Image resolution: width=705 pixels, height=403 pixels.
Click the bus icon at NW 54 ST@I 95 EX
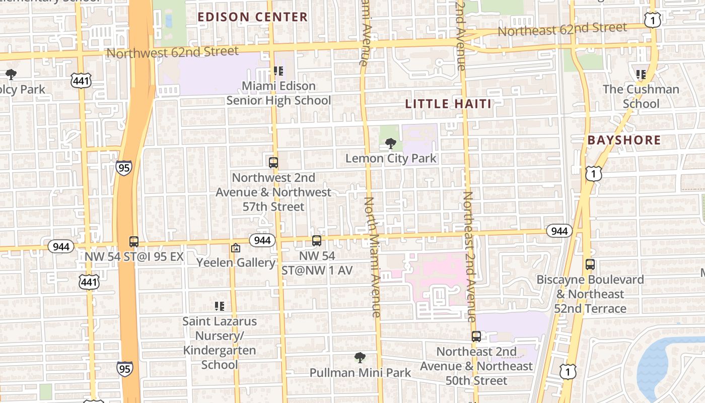tap(133, 241)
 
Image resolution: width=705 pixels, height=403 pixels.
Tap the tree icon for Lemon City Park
tap(390, 144)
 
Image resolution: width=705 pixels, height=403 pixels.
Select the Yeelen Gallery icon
tap(235, 248)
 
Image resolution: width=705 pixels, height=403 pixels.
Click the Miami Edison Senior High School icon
tap(277, 71)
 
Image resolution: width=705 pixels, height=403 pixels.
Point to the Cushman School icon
tap(641, 75)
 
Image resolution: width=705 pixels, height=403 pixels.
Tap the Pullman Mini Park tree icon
tap(360, 358)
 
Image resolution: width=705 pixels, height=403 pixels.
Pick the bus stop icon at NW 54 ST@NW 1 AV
tap(316, 241)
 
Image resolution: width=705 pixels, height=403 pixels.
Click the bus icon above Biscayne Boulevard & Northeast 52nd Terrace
tap(590, 264)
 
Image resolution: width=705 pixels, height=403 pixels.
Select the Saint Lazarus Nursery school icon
tap(219, 306)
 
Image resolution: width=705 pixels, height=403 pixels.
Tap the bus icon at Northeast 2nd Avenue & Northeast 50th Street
tap(476, 336)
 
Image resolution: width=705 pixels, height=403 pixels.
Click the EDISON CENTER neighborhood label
tap(252, 17)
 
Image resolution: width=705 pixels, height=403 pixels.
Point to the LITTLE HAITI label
tap(448, 104)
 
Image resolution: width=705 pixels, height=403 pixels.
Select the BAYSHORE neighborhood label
tap(624, 141)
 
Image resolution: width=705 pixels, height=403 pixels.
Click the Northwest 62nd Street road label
tap(173, 52)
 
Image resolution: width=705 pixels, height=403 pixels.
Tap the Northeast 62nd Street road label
tap(562, 29)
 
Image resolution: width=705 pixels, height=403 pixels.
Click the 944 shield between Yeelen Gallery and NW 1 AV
tap(262, 240)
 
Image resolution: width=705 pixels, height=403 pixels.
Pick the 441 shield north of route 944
tap(81, 81)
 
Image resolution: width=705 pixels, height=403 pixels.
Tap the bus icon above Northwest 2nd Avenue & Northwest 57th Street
tap(273, 163)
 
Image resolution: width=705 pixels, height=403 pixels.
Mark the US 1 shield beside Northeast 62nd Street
tap(653, 20)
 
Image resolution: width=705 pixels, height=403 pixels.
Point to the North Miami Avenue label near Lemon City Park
tap(373, 257)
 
